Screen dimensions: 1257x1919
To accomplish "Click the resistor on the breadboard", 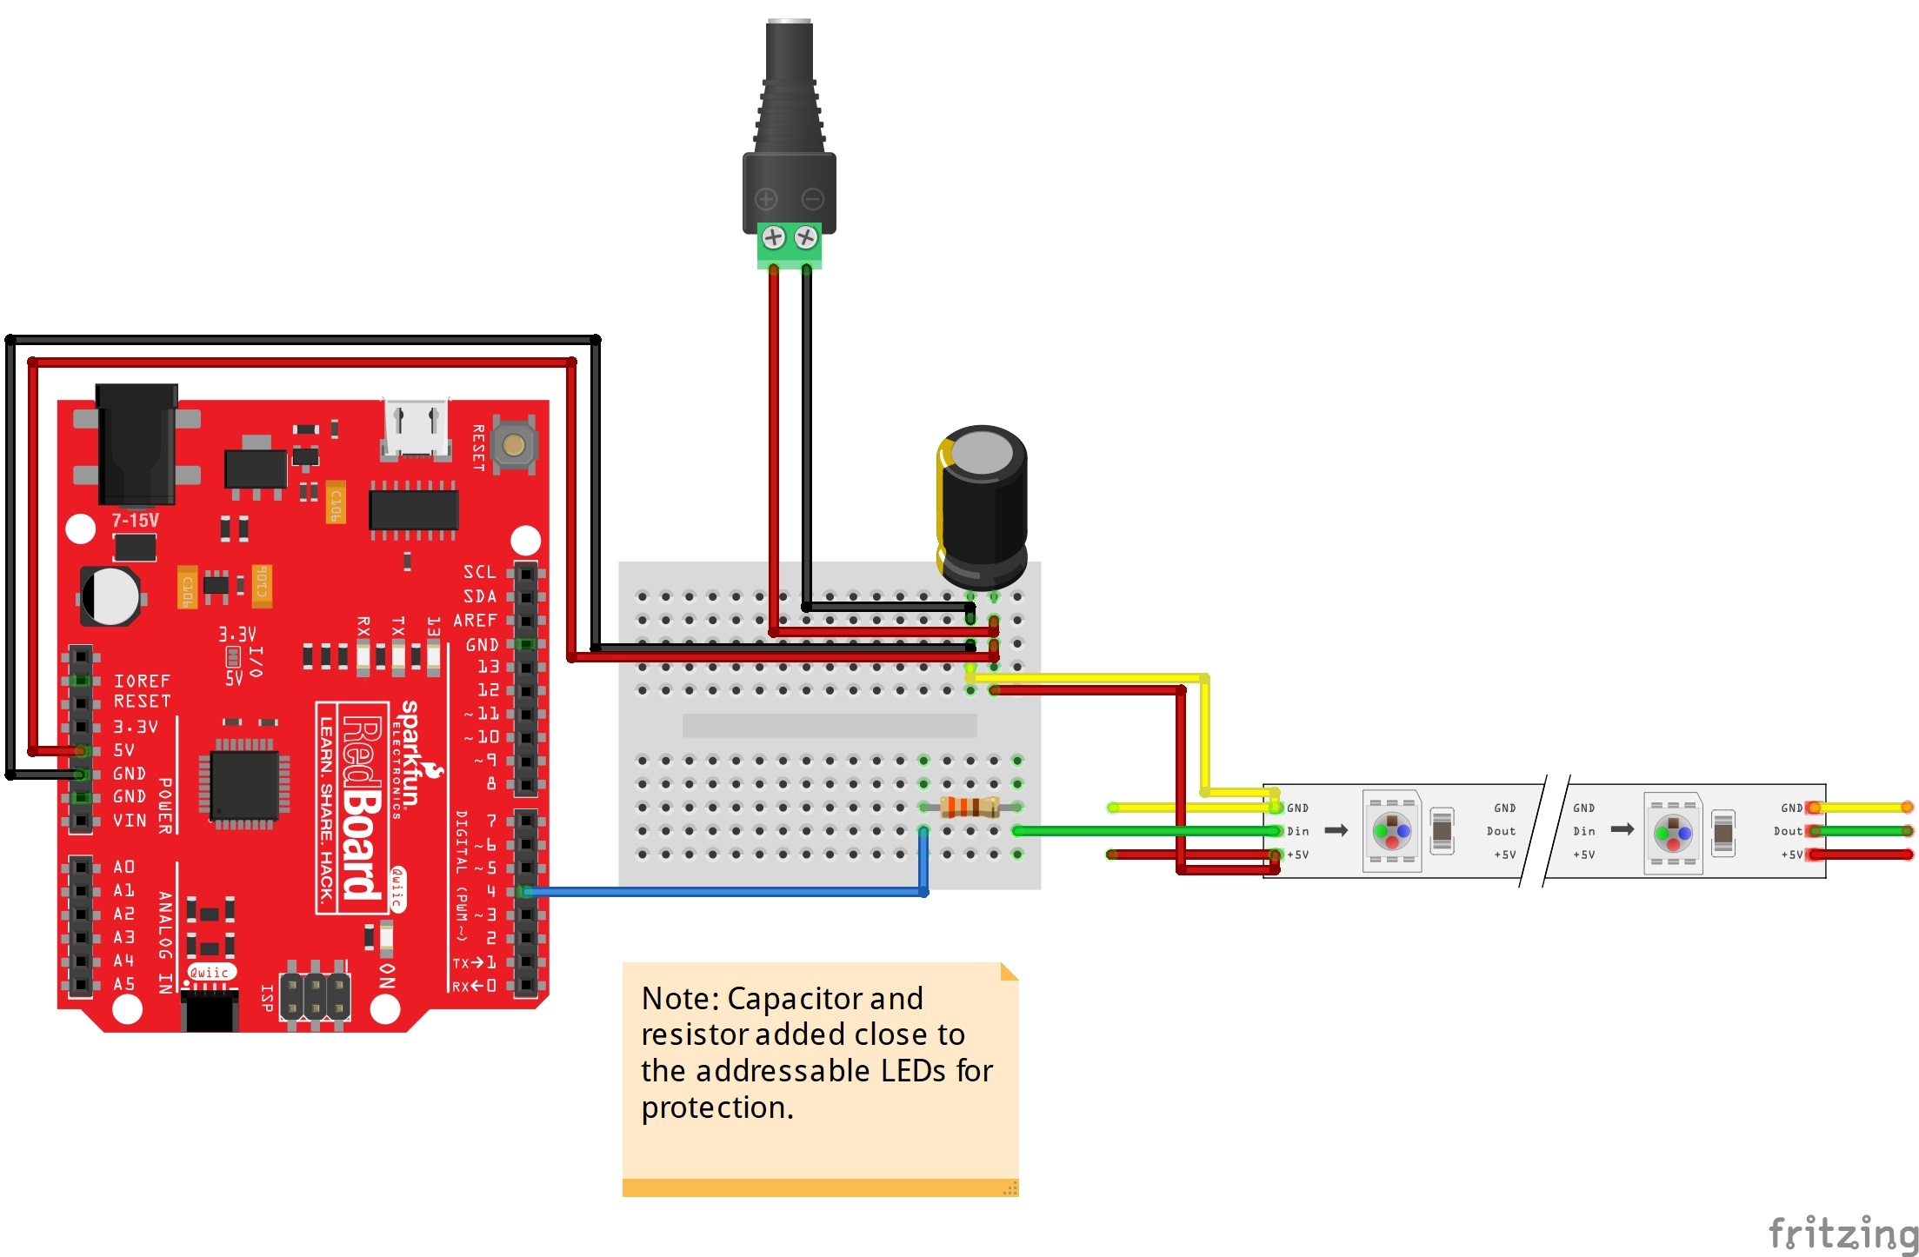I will click(x=969, y=808).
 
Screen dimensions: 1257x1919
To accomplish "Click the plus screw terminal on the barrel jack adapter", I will click(x=773, y=237).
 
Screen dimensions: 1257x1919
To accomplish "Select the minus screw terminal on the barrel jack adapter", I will click(x=806, y=237).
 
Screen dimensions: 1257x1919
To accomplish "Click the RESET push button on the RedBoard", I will click(x=514, y=446).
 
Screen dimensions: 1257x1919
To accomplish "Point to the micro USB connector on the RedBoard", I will click(x=416, y=429).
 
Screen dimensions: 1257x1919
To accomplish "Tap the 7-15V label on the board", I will click(x=135, y=521).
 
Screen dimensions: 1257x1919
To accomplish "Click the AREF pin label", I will click(x=476, y=621).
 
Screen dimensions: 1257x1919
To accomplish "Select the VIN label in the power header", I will click(x=130, y=821).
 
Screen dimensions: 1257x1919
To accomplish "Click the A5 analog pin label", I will click(x=124, y=984).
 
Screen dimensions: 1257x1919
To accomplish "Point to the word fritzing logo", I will click(x=1842, y=1233).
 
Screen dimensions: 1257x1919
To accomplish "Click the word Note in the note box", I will click(x=680, y=999).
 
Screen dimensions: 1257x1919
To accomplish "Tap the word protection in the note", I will click(x=716, y=1108).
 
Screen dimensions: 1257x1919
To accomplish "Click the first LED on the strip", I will click(x=1391, y=832).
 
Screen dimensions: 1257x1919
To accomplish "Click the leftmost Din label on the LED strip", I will click(x=1298, y=832).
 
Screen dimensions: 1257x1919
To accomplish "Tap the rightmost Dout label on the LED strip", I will click(x=1789, y=832).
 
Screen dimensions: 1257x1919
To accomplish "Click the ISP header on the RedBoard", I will click(x=315, y=997).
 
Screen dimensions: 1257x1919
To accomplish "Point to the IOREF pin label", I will click(x=142, y=681).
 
